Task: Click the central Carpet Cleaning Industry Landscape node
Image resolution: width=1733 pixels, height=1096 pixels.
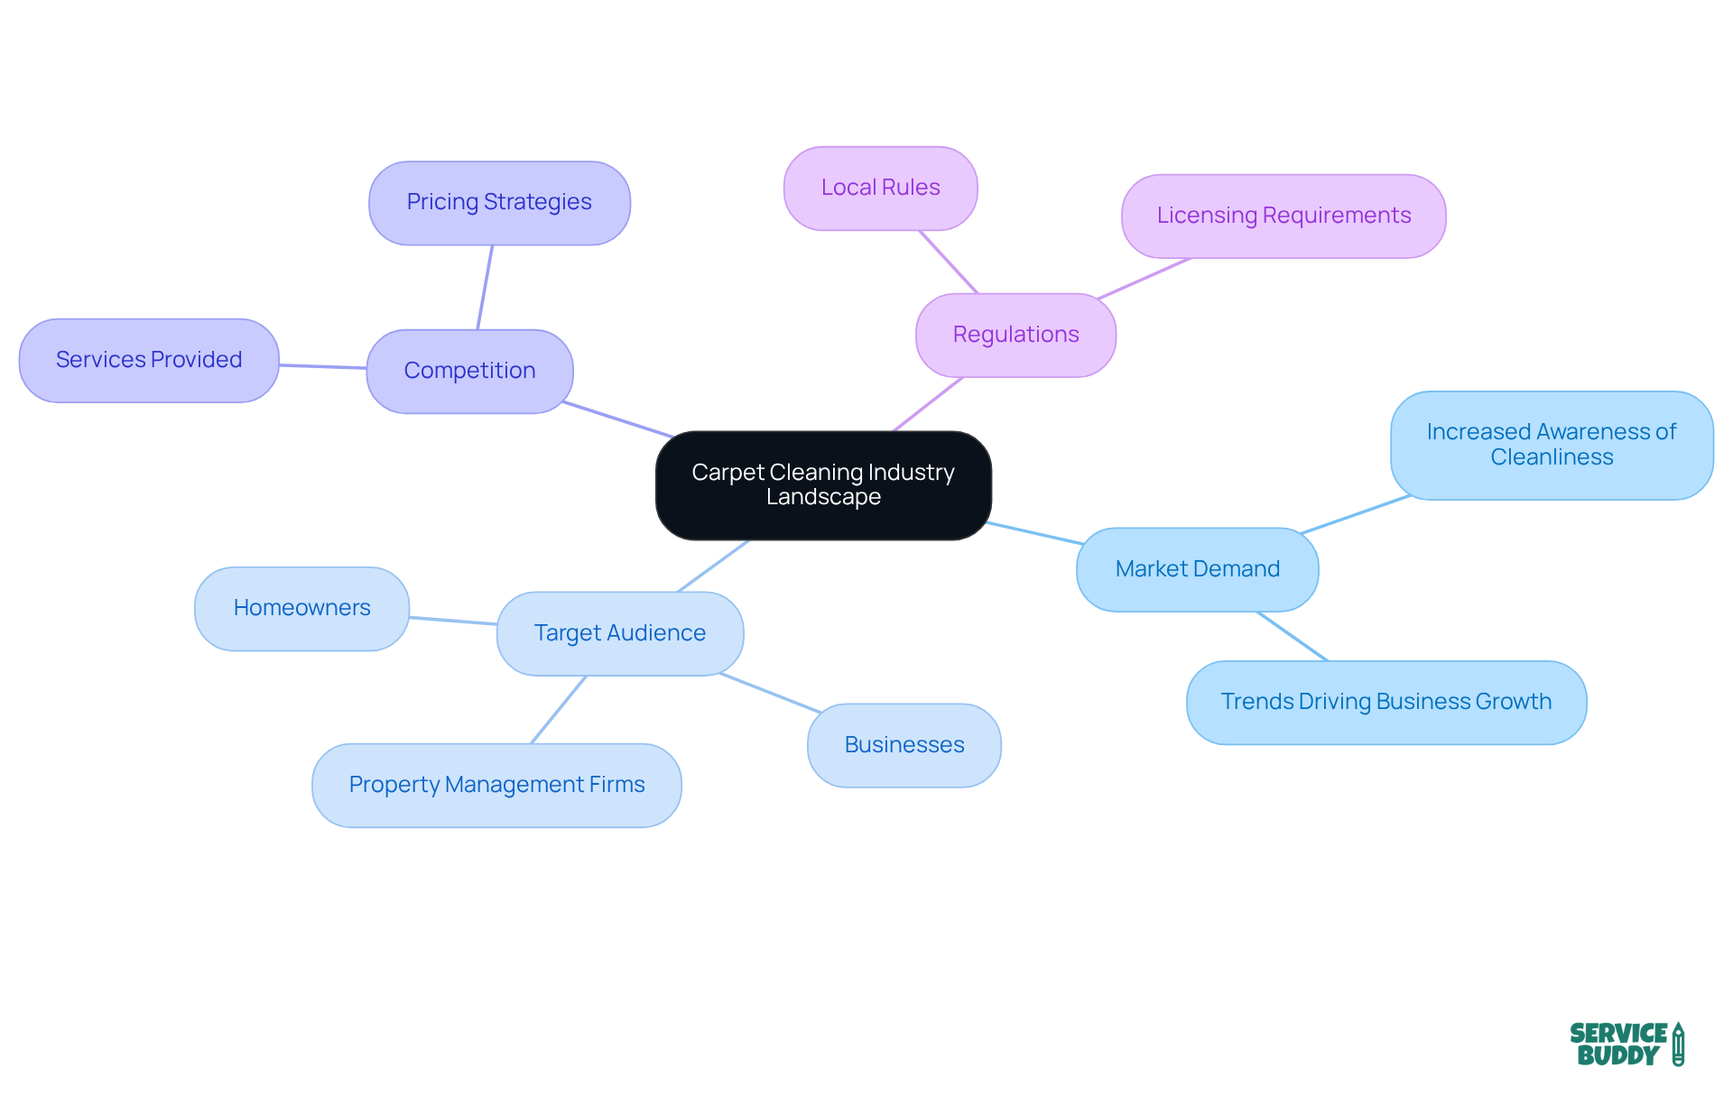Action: [823, 485]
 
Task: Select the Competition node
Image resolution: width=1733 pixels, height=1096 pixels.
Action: [469, 371]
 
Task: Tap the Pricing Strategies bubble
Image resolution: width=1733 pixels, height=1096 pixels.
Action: [499, 202]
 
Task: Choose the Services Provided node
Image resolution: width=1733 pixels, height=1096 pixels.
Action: [149, 360]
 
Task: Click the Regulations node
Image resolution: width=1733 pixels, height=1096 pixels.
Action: [1015, 335]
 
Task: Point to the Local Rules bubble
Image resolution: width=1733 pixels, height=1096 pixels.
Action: [880, 188]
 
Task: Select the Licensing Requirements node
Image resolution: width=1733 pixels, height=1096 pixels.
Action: [1284, 216]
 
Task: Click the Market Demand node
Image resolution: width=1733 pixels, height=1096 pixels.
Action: [1197, 569]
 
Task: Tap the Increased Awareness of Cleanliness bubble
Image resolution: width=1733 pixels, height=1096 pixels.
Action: [1552, 445]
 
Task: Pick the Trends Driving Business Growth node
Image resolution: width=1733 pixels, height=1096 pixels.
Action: [1385, 702]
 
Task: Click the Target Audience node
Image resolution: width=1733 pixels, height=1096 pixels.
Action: [620, 633]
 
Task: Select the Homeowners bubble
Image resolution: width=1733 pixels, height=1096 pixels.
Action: [301, 608]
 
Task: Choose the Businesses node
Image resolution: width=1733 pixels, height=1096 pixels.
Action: [904, 745]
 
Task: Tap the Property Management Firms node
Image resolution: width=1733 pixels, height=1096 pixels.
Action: [496, 785]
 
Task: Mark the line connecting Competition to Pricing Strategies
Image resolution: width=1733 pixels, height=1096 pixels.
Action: [485, 287]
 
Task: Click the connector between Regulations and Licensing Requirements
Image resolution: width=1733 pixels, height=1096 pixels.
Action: [1145, 278]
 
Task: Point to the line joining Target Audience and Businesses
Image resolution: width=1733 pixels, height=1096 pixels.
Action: [770, 693]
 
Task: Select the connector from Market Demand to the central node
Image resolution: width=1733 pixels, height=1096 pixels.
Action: [1034, 533]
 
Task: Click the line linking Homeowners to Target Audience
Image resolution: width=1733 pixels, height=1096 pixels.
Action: [453, 621]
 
